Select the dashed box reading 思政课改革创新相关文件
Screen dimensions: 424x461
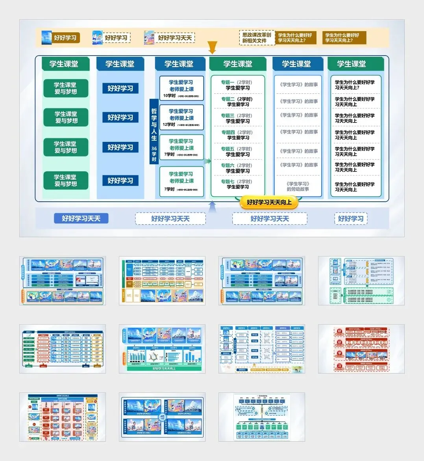[257, 38]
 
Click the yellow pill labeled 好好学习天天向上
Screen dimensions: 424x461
[269, 203]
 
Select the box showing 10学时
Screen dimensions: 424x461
[181, 89]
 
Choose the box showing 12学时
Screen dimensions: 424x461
[181, 117]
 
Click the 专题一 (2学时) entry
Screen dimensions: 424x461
[237, 85]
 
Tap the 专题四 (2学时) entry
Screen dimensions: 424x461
[237, 135]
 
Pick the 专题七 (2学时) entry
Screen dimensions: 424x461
[237, 184]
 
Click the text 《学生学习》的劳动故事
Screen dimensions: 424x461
[298, 186]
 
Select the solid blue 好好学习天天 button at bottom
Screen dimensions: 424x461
[81, 219]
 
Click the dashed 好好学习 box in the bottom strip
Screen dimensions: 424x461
[351, 219]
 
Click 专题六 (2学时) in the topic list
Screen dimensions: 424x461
[237, 168]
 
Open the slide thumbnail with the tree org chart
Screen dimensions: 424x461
[262, 417]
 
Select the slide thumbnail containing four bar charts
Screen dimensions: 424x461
[162, 349]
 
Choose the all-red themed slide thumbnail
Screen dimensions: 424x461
[361, 349]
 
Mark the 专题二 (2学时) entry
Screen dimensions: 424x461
[237, 102]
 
